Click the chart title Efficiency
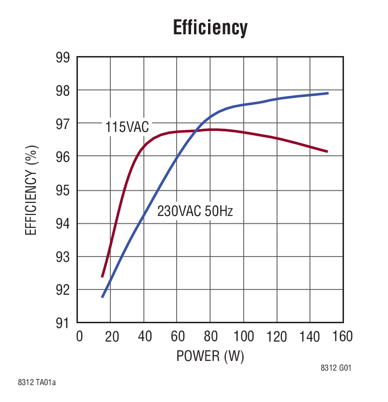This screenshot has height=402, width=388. click(x=210, y=28)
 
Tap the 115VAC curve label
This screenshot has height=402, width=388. click(x=127, y=128)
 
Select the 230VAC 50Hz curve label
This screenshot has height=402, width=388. click(x=195, y=211)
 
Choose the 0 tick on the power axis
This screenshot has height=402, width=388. click(x=79, y=336)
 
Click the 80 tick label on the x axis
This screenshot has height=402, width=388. click(x=210, y=336)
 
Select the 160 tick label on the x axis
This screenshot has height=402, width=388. click(x=342, y=336)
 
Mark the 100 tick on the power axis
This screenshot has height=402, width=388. click(x=242, y=336)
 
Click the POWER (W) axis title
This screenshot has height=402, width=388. click(x=210, y=357)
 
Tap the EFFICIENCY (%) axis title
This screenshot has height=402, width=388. click(x=31, y=191)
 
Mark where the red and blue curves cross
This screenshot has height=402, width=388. click(x=196, y=130)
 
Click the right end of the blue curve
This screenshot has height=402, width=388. click(x=328, y=93)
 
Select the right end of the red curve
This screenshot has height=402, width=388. click(x=328, y=152)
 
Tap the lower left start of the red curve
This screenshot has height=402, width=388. click(x=102, y=276)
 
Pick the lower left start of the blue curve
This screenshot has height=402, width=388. click(x=102, y=297)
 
